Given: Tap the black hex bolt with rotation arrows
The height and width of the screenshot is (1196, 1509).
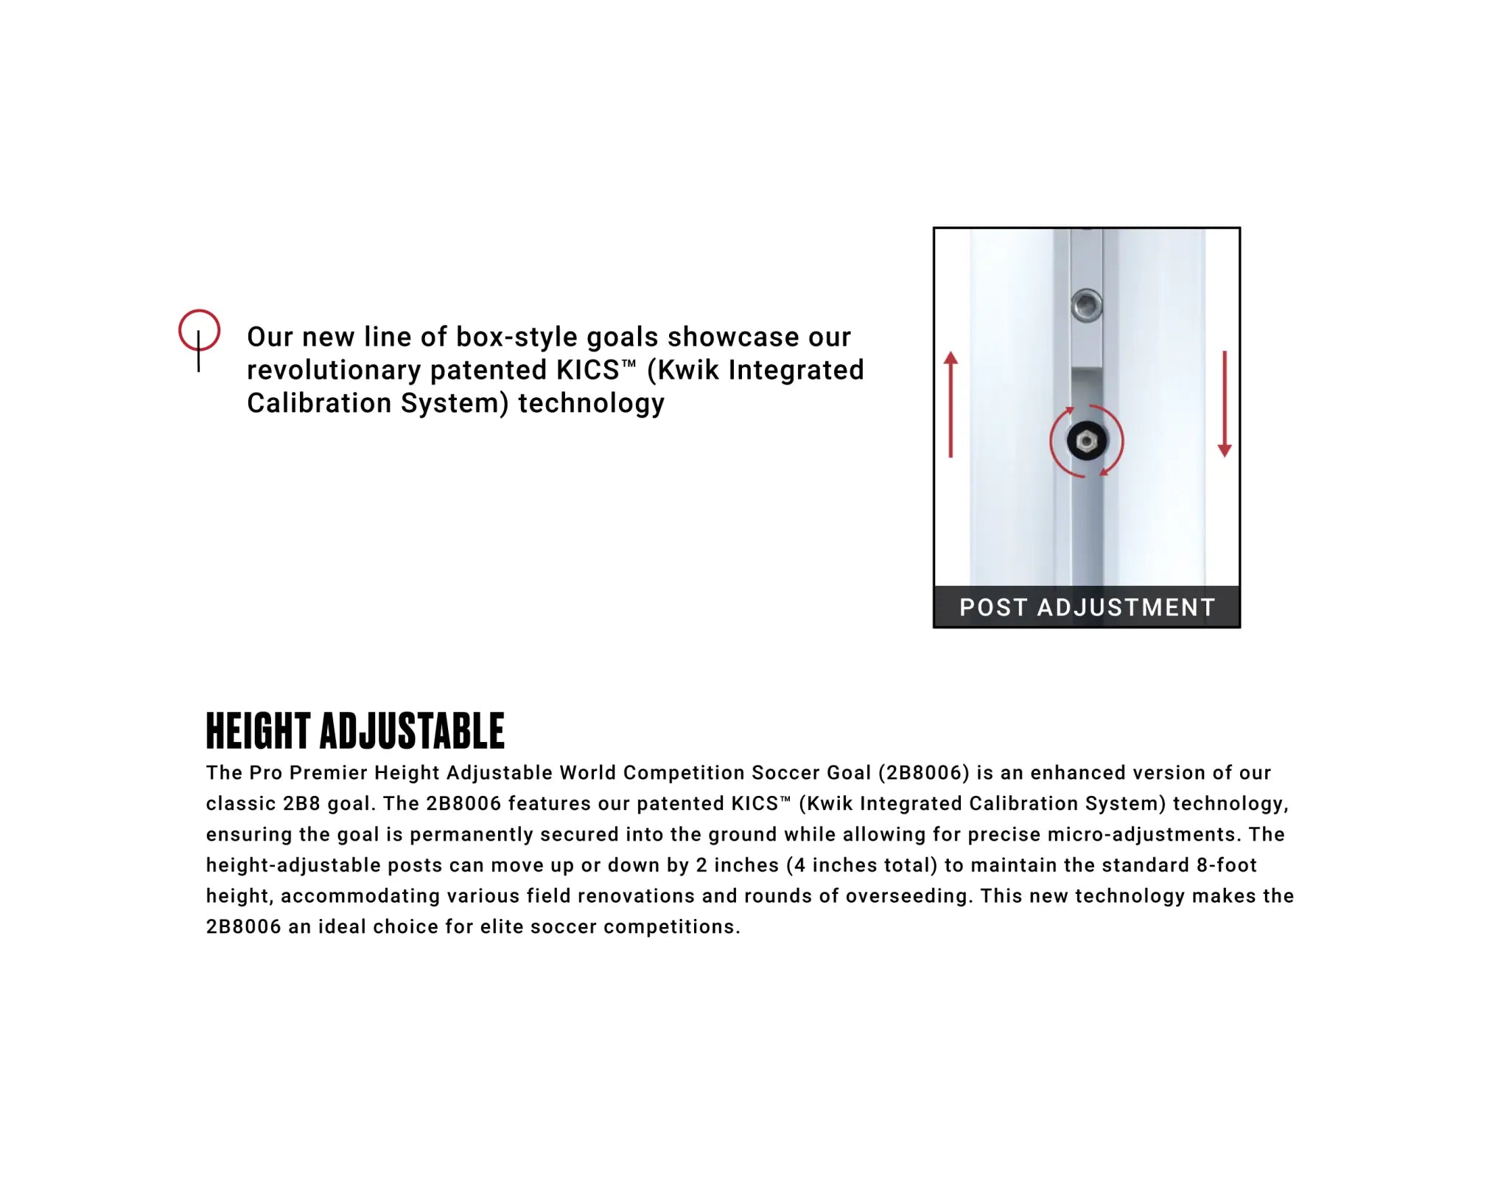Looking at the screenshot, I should [1086, 441].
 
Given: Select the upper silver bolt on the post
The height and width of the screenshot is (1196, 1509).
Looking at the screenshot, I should [1086, 305].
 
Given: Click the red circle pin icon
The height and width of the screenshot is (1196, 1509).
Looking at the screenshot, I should [199, 331].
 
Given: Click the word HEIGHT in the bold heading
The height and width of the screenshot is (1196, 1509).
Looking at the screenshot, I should [258, 731].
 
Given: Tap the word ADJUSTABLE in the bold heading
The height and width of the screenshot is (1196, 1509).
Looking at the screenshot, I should [412, 731].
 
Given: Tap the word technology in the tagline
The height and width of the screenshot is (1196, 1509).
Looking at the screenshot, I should [591, 403].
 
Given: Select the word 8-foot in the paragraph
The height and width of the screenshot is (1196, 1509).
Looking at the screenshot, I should [1227, 865].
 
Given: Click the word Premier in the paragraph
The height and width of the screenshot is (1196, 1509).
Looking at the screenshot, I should [328, 773].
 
